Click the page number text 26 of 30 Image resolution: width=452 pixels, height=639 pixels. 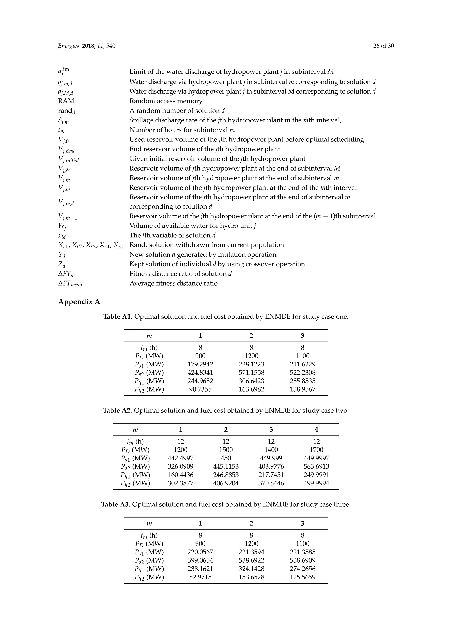[383, 46]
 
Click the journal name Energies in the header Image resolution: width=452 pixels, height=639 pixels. [68, 46]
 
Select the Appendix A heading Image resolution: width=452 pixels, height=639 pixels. [79, 302]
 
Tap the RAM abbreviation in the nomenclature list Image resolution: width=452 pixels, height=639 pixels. [66, 101]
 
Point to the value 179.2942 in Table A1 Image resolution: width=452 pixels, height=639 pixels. [200, 364]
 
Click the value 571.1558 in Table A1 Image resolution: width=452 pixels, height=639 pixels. [251, 372]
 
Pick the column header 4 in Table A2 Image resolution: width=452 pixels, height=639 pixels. [316, 429]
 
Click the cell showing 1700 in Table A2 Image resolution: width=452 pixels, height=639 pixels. [316, 450]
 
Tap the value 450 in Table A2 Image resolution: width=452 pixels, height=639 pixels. [226, 458]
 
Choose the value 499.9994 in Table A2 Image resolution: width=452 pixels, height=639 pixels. [316, 483]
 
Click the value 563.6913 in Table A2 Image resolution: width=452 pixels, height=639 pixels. [316, 466]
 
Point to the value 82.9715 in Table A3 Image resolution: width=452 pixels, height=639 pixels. [200, 577]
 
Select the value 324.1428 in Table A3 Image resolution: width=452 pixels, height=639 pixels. [251, 569]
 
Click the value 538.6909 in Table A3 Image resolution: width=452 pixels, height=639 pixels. [303, 560]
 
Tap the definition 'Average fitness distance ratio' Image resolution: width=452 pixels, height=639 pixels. [173, 283]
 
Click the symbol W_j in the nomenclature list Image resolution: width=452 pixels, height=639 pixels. [62, 226]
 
